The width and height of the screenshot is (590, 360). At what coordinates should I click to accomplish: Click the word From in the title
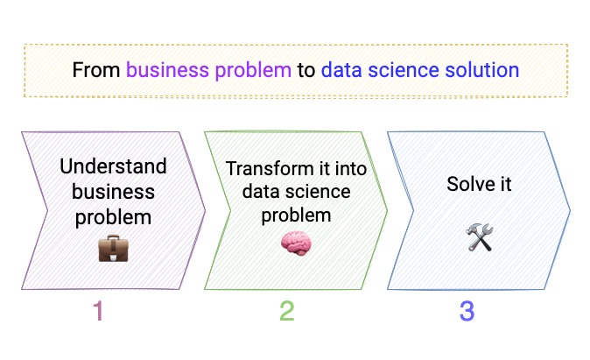coord(96,70)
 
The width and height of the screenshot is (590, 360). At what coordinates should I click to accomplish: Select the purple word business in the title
coord(165,70)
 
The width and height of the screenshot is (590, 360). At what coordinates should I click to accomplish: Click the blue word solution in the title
coord(478,70)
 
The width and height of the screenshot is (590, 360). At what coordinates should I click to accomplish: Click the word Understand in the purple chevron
coord(114,166)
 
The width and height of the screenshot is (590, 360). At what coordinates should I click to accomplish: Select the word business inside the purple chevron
coord(114,191)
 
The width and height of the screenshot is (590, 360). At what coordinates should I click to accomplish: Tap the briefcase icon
coord(114,248)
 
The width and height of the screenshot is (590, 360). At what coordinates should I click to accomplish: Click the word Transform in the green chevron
coord(259,169)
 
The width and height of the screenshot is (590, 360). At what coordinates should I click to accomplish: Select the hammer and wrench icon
coord(479,236)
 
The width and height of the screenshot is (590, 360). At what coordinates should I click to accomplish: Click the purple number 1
coord(98,311)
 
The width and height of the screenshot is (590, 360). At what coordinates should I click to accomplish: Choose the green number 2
coord(287,311)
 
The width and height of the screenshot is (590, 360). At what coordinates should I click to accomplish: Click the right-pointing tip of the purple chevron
coord(204,210)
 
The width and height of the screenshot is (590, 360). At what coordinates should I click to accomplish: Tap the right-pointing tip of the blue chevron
coord(569,210)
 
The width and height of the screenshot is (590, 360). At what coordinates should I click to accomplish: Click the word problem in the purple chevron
coord(114,215)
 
